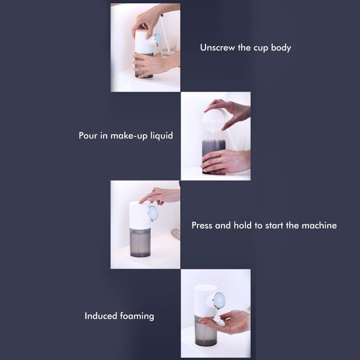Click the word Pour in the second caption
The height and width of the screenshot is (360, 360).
[x=87, y=135]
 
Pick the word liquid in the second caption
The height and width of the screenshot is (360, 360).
[x=161, y=135]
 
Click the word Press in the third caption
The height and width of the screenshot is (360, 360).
[x=202, y=225]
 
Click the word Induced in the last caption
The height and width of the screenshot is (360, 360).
[x=101, y=316]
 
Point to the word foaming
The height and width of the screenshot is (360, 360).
[x=137, y=316]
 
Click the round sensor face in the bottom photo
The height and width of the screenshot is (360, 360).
[x=218, y=299]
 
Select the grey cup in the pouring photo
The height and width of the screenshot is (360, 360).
[x=213, y=155]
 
